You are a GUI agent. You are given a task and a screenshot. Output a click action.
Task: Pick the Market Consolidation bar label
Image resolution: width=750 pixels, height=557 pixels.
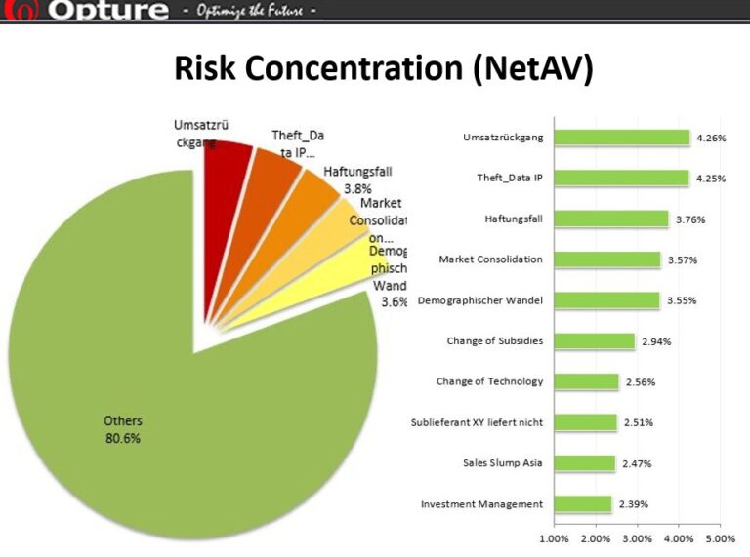(x=490, y=259)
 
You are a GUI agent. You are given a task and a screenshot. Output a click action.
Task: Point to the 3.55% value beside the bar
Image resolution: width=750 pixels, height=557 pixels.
(x=682, y=300)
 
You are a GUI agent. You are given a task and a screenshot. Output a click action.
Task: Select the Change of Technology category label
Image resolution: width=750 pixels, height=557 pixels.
(x=489, y=381)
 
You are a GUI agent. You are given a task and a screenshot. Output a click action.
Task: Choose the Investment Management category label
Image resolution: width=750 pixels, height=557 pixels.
(x=481, y=504)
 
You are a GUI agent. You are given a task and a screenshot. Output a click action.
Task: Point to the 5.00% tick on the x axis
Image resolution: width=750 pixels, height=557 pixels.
(x=720, y=538)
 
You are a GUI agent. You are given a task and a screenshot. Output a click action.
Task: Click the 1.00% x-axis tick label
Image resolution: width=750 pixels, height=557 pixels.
(x=554, y=538)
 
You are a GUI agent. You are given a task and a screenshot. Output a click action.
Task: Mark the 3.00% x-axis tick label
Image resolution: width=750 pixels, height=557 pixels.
(x=637, y=538)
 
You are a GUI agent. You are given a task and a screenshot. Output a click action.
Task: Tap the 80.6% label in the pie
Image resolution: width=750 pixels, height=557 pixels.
(x=123, y=438)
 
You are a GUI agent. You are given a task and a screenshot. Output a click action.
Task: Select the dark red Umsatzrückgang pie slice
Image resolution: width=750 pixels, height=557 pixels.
(x=226, y=166)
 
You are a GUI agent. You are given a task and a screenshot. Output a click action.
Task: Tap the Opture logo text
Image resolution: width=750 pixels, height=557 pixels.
(x=106, y=11)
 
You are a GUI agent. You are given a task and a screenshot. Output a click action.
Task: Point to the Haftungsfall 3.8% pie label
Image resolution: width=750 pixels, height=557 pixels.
(x=357, y=179)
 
